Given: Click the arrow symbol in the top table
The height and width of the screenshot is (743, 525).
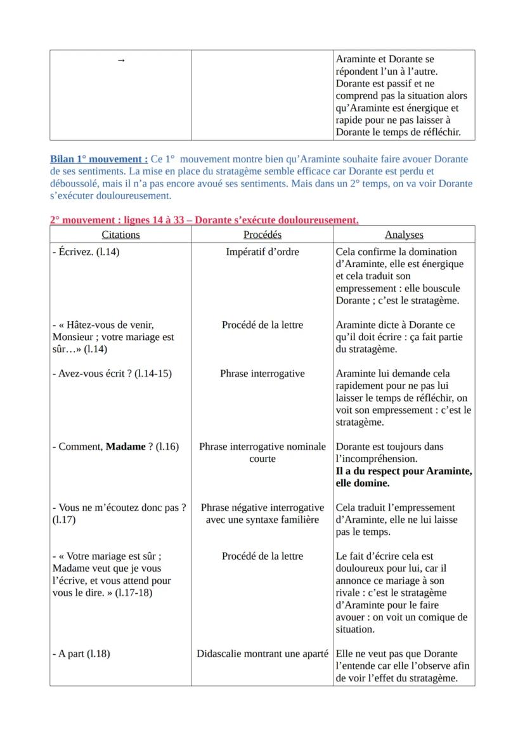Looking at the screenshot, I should (121, 60).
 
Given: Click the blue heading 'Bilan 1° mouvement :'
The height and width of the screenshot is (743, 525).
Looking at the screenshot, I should (99, 159).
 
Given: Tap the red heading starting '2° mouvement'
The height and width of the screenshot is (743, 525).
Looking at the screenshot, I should (204, 220).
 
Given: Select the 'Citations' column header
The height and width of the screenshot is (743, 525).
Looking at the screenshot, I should (120, 234).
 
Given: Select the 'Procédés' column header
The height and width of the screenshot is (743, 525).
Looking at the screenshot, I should (262, 234).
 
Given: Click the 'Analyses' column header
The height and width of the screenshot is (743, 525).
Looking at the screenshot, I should (404, 234).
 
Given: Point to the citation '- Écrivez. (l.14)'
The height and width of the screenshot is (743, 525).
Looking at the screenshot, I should (86, 252).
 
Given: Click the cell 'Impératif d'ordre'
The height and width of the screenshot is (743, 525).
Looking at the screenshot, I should (262, 252).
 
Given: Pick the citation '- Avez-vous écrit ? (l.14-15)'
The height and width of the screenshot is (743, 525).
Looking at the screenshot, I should (112, 374).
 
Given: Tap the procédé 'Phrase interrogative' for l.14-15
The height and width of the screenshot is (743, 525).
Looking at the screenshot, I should (262, 374).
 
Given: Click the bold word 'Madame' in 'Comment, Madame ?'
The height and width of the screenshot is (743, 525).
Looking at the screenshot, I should (126, 447).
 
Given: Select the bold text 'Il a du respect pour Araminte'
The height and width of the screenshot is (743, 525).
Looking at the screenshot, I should (404, 471).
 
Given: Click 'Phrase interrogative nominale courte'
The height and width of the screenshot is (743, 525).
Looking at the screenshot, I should (262, 452).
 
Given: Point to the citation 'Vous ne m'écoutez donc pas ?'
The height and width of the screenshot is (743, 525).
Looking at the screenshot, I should (120, 508).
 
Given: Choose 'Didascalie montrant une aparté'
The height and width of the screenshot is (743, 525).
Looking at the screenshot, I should (262, 654).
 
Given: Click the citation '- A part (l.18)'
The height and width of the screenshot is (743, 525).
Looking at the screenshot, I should (81, 654).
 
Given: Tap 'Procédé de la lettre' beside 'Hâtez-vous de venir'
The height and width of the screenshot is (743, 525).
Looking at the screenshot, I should (262, 325).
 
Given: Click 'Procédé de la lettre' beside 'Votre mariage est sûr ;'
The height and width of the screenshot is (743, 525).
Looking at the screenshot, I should (262, 556).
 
